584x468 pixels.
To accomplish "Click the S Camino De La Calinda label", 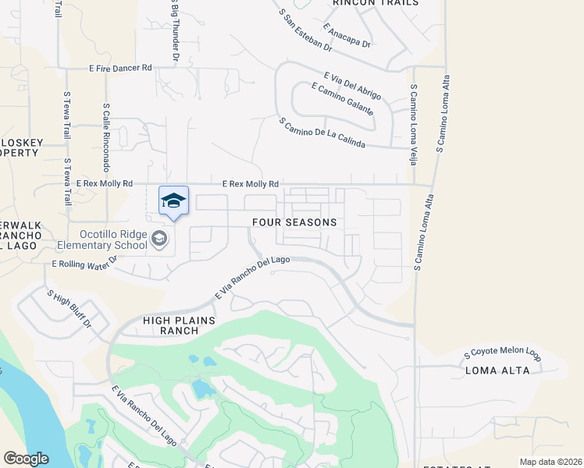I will pyautogui.click(x=322, y=135).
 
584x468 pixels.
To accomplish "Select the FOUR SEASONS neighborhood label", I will pyautogui.click(x=294, y=222).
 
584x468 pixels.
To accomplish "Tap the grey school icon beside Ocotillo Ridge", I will pyautogui.click(x=160, y=239).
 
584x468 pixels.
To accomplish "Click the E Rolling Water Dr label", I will pyautogui.click(x=84, y=263).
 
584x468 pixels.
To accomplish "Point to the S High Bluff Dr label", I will pyautogui.click(x=69, y=309).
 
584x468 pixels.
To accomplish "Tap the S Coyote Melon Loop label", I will pyautogui.click(x=502, y=354).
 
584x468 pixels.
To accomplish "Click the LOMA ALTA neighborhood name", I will pyautogui.click(x=498, y=370).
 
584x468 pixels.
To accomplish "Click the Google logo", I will pyautogui.click(x=26, y=459).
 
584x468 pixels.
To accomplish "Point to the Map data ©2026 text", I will pyautogui.click(x=550, y=462).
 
